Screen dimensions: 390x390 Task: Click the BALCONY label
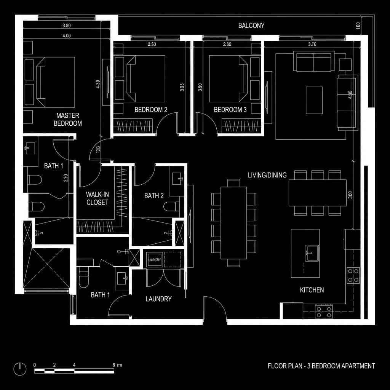click(x=251, y=26)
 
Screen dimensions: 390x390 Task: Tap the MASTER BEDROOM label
click(x=68, y=119)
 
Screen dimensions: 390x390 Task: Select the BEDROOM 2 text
click(x=151, y=110)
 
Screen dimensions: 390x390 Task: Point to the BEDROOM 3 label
click(x=230, y=110)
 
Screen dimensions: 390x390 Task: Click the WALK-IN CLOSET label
click(x=97, y=199)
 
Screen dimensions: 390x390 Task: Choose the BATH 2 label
click(x=154, y=196)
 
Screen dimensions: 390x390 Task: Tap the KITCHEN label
click(x=312, y=290)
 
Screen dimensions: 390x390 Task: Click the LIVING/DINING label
click(x=267, y=175)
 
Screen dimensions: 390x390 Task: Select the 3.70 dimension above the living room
click(x=312, y=44)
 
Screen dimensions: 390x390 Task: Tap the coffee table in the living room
click(x=314, y=100)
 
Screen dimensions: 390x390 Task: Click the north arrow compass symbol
click(x=20, y=368)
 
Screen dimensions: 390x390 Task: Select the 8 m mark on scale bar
click(x=114, y=365)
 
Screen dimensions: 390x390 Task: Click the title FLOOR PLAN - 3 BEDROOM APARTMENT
click(x=321, y=366)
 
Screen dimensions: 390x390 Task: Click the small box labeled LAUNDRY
click(x=155, y=260)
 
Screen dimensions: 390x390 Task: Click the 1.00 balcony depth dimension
click(x=358, y=26)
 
